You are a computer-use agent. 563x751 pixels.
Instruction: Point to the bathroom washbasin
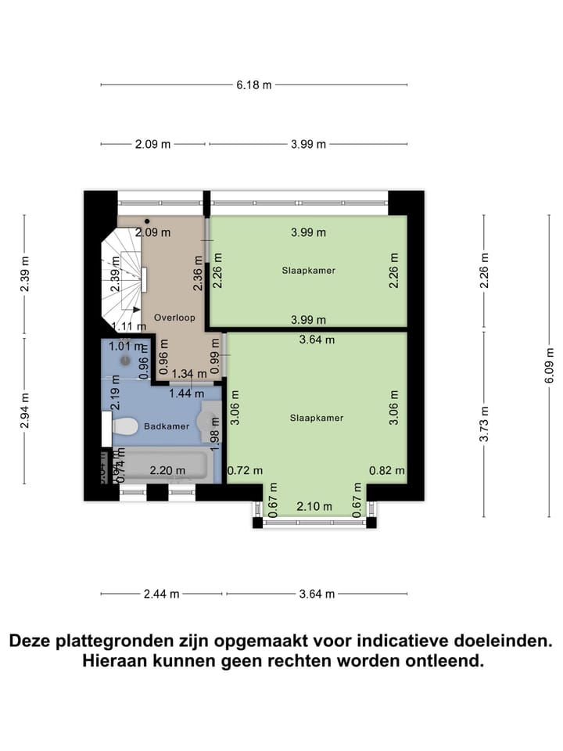(210, 427)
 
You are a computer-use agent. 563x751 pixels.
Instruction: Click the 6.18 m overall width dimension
(254, 84)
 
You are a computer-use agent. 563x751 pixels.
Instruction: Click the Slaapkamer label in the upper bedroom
(309, 271)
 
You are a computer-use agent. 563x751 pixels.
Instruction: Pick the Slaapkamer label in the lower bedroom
(317, 418)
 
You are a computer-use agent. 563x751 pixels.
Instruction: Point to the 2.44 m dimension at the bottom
(162, 594)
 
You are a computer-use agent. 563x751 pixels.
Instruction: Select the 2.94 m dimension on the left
(25, 408)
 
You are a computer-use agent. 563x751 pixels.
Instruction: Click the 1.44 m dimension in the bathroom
(188, 393)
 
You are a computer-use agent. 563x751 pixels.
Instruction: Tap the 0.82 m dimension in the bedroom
(387, 471)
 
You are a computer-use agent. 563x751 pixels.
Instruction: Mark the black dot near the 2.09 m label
(147, 221)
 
